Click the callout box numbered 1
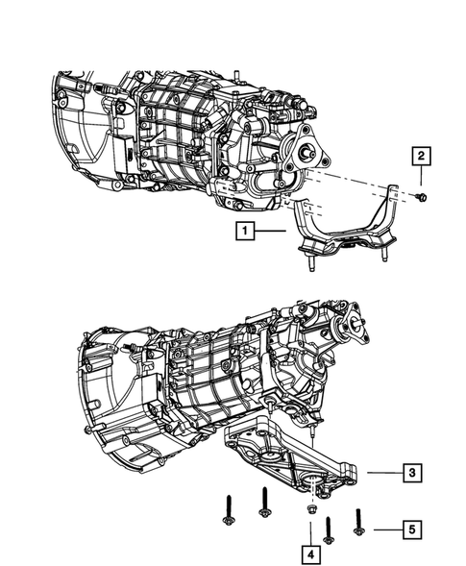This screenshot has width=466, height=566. tap(247, 231)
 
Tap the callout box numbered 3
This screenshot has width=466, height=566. tap(410, 472)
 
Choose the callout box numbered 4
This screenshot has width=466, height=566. tap(311, 554)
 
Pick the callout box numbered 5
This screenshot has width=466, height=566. tap(410, 528)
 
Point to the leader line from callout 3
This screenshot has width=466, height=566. tap(380, 472)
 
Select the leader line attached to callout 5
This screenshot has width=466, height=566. tap(382, 528)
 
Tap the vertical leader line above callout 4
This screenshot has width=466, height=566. tap(311, 530)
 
